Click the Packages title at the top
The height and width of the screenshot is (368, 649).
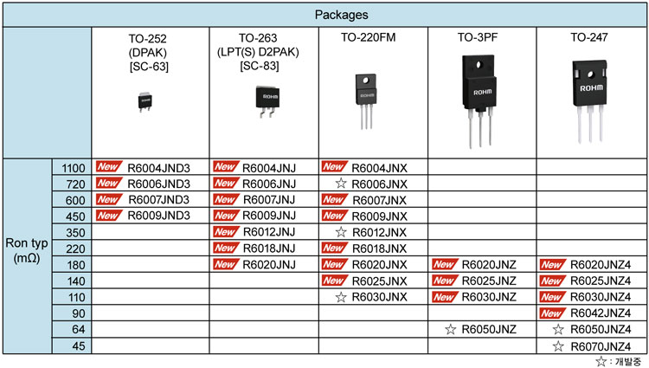pos(341,15)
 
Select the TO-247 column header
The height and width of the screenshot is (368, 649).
pos(589,37)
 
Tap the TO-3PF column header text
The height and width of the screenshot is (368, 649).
pos(477,37)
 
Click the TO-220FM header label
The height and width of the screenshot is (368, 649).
pos(368,37)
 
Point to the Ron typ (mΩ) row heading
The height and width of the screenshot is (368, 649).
pos(27,250)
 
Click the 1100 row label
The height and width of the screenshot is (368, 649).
pos(74,168)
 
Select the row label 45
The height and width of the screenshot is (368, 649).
pos(79,345)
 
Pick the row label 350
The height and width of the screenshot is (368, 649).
pos(75,233)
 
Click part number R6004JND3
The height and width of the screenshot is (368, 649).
pos(158,168)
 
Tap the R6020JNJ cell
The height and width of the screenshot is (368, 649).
pos(269,264)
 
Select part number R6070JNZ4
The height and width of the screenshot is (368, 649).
pos(601,346)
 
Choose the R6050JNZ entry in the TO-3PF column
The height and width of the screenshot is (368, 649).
pos(489,330)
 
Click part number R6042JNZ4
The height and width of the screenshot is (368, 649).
pos(601,313)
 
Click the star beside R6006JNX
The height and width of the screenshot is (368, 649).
pos(341,183)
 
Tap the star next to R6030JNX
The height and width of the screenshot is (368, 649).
pos(341,297)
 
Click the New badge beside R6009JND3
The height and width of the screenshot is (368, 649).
pos(109,216)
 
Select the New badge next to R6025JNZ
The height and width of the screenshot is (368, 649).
pos(445,281)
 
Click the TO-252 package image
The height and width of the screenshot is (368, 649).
pos(145,102)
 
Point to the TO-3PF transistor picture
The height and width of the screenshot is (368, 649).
pos(479,101)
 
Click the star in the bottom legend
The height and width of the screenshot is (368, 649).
pos(601,361)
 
